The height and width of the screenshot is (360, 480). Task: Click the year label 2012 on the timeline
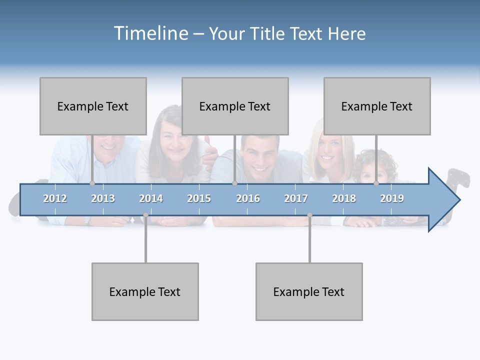pyautogui.click(x=55, y=198)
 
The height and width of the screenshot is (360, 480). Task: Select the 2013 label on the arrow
pyautogui.click(x=103, y=198)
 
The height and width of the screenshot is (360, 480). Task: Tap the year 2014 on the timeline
pyautogui.click(x=151, y=198)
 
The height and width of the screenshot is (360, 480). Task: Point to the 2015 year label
pyautogui.click(x=199, y=198)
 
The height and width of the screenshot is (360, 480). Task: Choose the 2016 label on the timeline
pyautogui.click(x=248, y=198)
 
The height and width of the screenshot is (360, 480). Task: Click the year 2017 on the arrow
pyautogui.click(x=296, y=198)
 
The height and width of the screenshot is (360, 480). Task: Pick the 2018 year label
pyautogui.click(x=344, y=198)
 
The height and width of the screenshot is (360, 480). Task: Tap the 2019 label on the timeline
pyautogui.click(x=392, y=198)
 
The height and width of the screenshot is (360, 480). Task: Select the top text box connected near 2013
pyautogui.click(x=93, y=106)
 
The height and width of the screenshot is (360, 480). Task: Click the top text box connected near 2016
pyautogui.click(x=235, y=106)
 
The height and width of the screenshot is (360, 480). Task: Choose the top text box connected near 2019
pyautogui.click(x=377, y=106)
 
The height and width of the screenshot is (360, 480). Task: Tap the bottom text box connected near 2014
pyautogui.click(x=145, y=291)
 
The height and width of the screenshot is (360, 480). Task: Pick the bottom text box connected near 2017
pyautogui.click(x=309, y=291)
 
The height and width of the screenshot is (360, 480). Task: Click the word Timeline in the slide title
pyautogui.click(x=149, y=33)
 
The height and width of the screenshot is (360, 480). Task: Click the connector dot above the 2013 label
pyautogui.click(x=92, y=183)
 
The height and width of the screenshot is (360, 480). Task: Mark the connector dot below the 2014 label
pyautogui.click(x=145, y=215)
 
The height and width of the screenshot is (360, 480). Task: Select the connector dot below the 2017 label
pyautogui.click(x=309, y=215)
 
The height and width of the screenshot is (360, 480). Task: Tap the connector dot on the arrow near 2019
pyautogui.click(x=376, y=183)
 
